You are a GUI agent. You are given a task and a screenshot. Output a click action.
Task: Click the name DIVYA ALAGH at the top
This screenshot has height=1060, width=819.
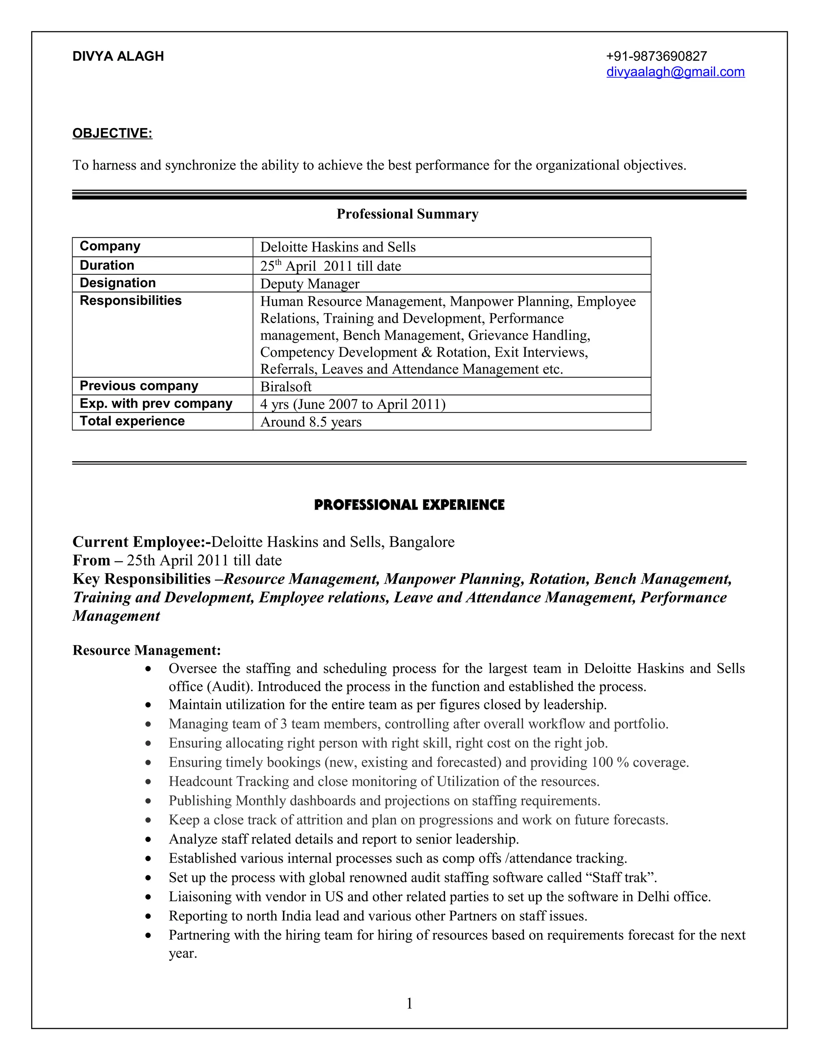tap(118, 56)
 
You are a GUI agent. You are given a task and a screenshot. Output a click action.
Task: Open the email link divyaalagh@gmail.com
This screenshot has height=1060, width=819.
tap(675, 72)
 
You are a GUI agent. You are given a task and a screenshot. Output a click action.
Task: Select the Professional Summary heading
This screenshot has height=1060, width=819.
tap(407, 214)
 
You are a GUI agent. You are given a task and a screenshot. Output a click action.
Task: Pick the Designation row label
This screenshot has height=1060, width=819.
tap(118, 283)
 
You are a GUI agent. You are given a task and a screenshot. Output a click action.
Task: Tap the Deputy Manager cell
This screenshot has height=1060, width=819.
tap(310, 284)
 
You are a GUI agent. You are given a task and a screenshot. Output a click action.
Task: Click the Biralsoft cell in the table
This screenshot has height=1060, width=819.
tap(286, 387)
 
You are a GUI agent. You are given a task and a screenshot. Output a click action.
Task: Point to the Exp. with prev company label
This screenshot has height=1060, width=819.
tap(156, 404)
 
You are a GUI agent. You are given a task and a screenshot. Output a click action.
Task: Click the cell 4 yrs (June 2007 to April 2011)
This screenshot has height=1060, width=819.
tap(353, 404)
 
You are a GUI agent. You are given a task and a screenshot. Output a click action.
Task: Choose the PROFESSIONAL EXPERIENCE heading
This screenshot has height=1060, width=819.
tap(409, 505)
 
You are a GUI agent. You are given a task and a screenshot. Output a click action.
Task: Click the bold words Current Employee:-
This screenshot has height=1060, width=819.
tap(141, 542)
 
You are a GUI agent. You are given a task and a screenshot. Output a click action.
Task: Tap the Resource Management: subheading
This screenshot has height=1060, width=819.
tap(146, 650)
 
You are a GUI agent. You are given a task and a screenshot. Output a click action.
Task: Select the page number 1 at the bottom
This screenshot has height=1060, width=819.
tap(409, 1004)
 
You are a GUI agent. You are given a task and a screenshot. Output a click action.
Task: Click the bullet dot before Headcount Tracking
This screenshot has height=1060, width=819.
tap(148, 782)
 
